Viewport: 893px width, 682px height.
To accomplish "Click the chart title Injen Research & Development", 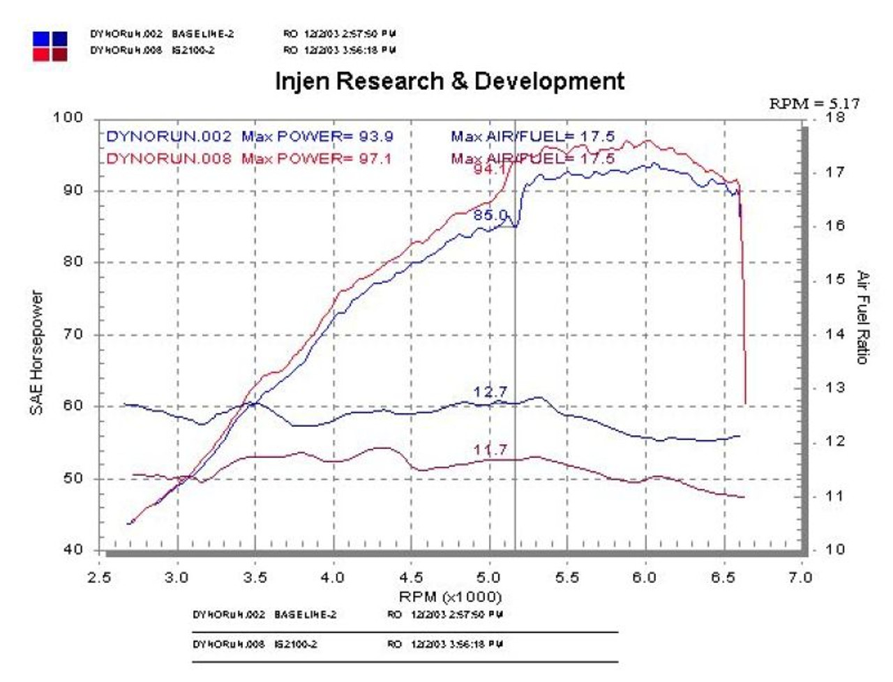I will pyautogui.click(x=450, y=81).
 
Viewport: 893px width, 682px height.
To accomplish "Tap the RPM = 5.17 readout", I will pyautogui.click(x=814, y=103).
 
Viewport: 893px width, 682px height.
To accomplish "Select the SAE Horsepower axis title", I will pyautogui.click(x=36, y=352).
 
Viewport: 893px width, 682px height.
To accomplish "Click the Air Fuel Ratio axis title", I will pyautogui.click(x=862, y=317).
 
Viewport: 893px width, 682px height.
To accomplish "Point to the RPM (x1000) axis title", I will pyautogui.click(x=450, y=597).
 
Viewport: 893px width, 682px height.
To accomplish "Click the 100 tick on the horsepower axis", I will pyautogui.click(x=68, y=117).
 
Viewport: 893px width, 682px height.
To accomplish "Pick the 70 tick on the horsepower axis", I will pyautogui.click(x=73, y=334).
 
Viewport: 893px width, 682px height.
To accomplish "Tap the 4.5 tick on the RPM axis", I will pyautogui.click(x=411, y=577).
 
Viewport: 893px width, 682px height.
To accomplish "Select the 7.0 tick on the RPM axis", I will pyautogui.click(x=800, y=577).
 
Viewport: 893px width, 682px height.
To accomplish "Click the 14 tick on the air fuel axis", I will pyautogui.click(x=834, y=334).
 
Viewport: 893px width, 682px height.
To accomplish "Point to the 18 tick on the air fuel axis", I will pyautogui.click(x=834, y=117).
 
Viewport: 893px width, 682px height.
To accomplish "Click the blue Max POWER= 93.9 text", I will pyautogui.click(x=317, y=136).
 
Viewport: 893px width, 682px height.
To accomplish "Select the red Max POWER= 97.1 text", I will pyautogui.click(x=317, y=158).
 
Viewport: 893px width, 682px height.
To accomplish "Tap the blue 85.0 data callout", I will pyautogui.click(x=490, y=215).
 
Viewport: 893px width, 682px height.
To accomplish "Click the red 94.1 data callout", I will pyautogui.click(x=490, y=168).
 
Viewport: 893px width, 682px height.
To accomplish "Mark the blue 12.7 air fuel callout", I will pyautogui.click(x=490, y=392).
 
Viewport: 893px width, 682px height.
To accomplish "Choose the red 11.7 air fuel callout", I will pyautogui.click(x=490, y=450).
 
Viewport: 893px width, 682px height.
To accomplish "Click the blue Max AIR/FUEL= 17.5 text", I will pyautogui.click(x=532, y=136).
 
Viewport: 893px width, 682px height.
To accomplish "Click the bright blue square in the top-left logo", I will pyautogui.click(x=41, y=39).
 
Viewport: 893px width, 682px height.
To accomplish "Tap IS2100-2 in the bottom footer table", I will pyautogui.click(x=296, y=644).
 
